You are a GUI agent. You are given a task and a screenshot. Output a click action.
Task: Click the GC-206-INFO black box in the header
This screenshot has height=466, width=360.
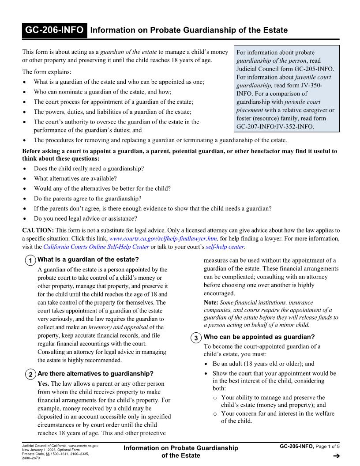pyautogui.click(x=54, y=30)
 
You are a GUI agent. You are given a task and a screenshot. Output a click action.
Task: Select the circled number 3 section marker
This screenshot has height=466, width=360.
pyautogui.click(x=195, y=338)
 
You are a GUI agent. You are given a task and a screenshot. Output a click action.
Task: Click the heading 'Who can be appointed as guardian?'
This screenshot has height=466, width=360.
pyautogui.click(x=259, y=337)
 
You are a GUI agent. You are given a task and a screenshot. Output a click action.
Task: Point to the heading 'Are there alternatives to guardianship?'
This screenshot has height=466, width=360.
pyautogui.click(x=96, y=374)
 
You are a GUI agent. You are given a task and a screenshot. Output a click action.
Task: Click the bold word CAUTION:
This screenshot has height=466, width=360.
pyautogui.click(x=38, y=230)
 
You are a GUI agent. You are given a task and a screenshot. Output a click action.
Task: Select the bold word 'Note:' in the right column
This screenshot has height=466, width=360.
pyautogui.click(x=210, y=303)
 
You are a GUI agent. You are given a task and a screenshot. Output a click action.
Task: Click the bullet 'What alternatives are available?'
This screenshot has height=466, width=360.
pyautogui.click(x=75, y=179)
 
